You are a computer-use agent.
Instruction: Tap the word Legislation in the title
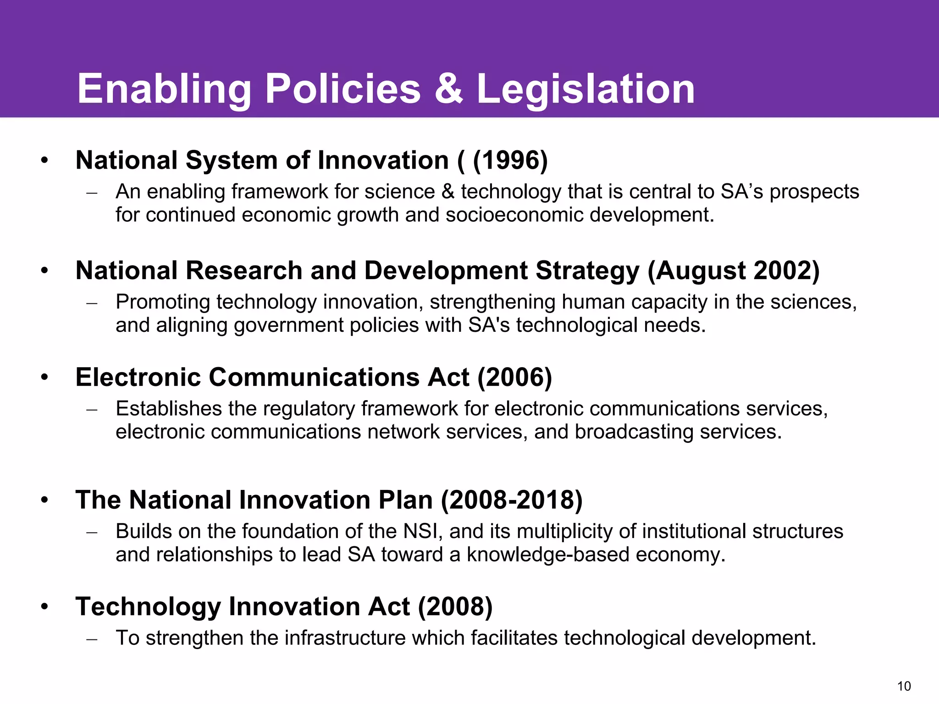click(x=585, y=90)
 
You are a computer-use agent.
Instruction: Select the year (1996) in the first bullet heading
click(x=510, y=160)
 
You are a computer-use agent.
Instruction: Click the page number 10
click(x=904, y=686)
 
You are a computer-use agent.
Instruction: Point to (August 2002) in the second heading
click(x=733, y=270)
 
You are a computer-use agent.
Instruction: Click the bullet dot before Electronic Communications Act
click(x=44, y=378)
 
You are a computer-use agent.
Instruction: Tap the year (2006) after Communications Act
click(x=514, y=377)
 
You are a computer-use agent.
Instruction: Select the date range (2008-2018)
click(x=511, y=500)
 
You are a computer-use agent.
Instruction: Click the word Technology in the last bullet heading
click(x=148, y=607)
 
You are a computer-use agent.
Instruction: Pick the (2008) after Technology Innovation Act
click(x=455, y=606)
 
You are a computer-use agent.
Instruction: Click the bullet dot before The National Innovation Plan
click(x=44, y=500)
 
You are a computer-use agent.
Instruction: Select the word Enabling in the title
click(x=164, y=90)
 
